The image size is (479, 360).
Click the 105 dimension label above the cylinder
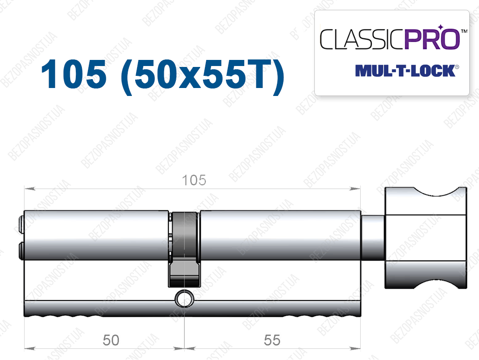pyautogui.click(x=194, y=180)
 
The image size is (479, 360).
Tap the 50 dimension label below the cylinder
pyautogui.click(x=111, y=340)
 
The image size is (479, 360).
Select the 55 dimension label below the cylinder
pyautogui.click(x=272, y=340)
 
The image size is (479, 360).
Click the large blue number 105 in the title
pyautogui.click(x=74, y=74)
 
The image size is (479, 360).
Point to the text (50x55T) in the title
pyautogui.click(x=203, y=76)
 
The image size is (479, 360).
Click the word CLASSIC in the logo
pyautogui.click(x=362, y=39)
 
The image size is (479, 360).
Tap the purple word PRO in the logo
pyautogui.click(x=432, y=38)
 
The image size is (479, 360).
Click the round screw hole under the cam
pyautogui.click(x=184, y=299)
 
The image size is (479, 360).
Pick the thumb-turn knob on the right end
pyautogui.click(x=426, y=238)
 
